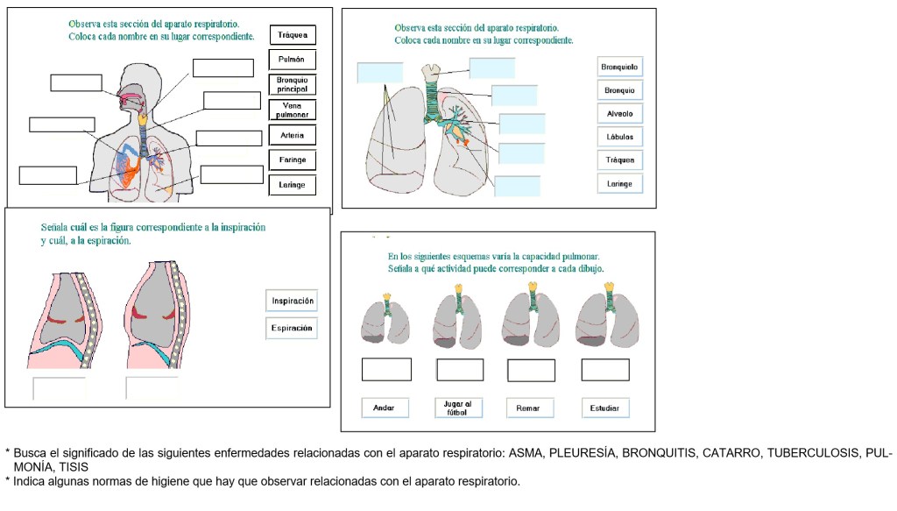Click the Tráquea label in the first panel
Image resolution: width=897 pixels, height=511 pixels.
(x=292, y=35)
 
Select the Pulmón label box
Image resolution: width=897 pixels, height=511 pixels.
(x=292, y=60)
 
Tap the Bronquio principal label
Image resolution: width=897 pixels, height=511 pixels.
(x=292, y=85)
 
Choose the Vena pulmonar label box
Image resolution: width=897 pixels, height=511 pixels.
(x=292, y=110)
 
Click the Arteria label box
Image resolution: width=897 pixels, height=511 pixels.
(x=292, y=136)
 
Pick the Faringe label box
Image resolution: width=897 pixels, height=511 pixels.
(x=292, y=160)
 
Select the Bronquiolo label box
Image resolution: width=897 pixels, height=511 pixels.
(x=620, y=67)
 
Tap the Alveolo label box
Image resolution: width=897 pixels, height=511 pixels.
(x=620, y=114)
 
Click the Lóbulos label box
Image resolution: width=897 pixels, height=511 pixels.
(x=620, y=137)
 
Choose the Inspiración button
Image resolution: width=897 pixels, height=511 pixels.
(x=292, y=301)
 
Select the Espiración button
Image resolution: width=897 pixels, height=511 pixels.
(x=292, y=329)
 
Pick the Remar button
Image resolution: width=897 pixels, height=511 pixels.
(x=528, y=408)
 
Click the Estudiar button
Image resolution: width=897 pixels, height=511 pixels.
(x=605, y=408)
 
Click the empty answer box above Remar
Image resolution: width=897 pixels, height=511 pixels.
(x=531, y=371)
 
